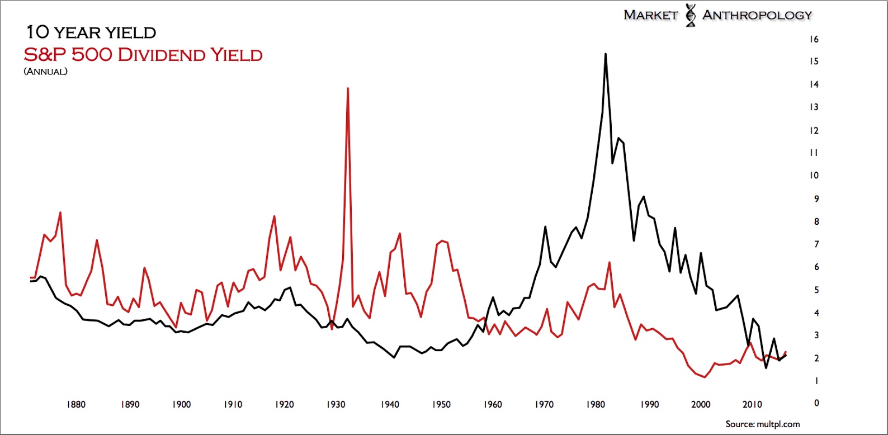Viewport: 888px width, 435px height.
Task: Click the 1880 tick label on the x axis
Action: [x=76, y=404]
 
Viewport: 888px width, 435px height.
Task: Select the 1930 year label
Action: [x=336, y=404]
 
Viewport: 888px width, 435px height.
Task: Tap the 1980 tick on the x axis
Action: [x=596, y=404]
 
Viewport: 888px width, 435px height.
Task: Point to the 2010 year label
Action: [x=752, y=404]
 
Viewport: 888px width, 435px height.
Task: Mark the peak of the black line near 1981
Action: [x=606, y=54]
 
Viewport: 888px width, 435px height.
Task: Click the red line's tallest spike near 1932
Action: [x=348, y=88]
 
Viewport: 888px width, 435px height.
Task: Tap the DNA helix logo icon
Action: [x=691, y=15]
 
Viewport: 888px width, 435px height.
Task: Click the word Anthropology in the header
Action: [x=757, y=15]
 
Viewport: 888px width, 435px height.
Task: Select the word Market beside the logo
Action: [x=650, y=15]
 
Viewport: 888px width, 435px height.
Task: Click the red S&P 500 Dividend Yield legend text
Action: [x=143, y=55]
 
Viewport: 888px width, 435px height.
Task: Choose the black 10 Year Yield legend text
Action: [x=92, y=32]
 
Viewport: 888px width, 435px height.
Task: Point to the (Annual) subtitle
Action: [x=45, y=72]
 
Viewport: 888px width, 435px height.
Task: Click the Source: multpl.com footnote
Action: [x=763, y=424]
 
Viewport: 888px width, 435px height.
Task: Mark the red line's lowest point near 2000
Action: [x=705, y=377]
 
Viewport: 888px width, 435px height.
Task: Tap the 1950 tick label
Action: [x=441, y=404]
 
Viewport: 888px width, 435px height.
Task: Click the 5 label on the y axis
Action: [x=816, y=290]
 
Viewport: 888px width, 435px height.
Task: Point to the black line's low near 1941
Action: [x=394, y=357]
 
